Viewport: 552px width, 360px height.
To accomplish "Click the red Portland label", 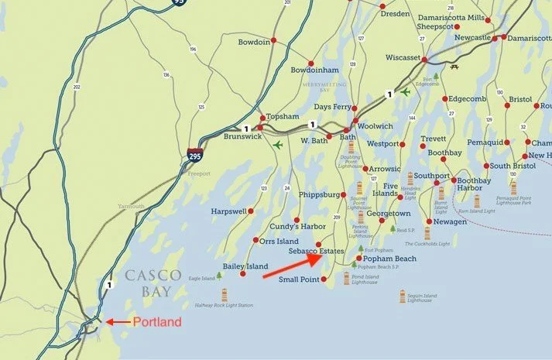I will coord(156,322).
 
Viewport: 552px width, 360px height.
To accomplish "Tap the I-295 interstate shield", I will coord(196,157).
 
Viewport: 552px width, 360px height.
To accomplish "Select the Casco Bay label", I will coord(153,283).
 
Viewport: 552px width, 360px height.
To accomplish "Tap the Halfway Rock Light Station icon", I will coord(225,294).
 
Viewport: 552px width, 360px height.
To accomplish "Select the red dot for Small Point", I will coord(324,279).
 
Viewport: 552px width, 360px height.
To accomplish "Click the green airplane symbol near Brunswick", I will coord(277,144).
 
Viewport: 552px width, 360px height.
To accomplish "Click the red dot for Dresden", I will coord(382,7).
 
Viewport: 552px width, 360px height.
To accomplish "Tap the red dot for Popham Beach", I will coord(358,259).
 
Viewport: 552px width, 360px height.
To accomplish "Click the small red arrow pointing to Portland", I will coord(118,322).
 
